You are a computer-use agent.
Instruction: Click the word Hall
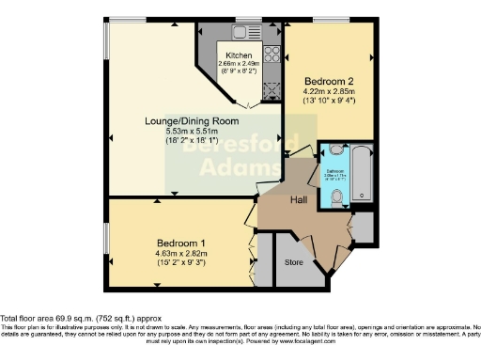point(300,199)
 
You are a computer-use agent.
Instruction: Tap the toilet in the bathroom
point(337,196)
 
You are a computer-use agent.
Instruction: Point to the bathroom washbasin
point(336,150)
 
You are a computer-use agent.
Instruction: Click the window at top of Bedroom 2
point(328,20)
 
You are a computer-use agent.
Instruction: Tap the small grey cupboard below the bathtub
point(362,225)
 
